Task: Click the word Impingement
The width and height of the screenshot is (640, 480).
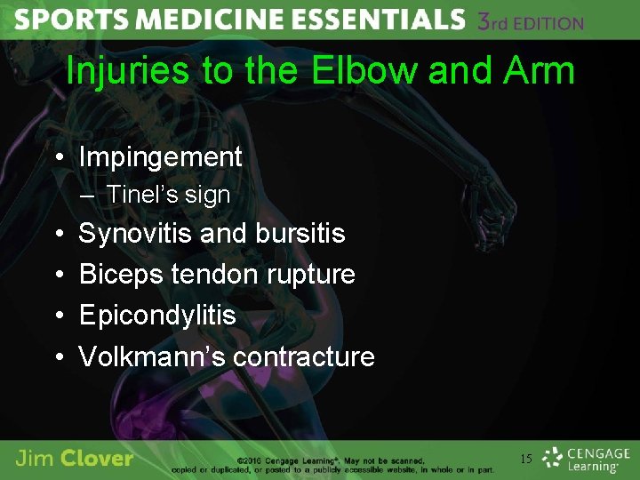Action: [160, 157]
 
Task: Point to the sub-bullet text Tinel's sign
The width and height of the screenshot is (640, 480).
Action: [168, 195]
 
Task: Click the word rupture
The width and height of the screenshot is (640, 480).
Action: [312, 275]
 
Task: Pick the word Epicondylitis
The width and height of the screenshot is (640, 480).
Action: [157, 316]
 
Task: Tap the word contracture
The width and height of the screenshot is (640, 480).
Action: [303, 356]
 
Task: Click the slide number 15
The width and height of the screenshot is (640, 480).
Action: [525, 459]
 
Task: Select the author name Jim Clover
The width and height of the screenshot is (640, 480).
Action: [75, 459]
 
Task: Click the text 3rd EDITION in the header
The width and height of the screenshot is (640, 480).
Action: [531, 21]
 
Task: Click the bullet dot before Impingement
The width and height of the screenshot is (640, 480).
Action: [58, 158]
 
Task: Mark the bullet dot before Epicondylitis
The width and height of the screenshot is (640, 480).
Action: [58, 316]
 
